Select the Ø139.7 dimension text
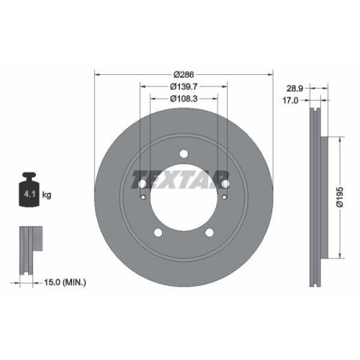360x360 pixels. coord(184,87)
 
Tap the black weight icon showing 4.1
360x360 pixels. coord(30,191)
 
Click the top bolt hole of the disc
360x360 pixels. coord(184,153)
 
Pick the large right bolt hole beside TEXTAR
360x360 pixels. coord(225,184)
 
